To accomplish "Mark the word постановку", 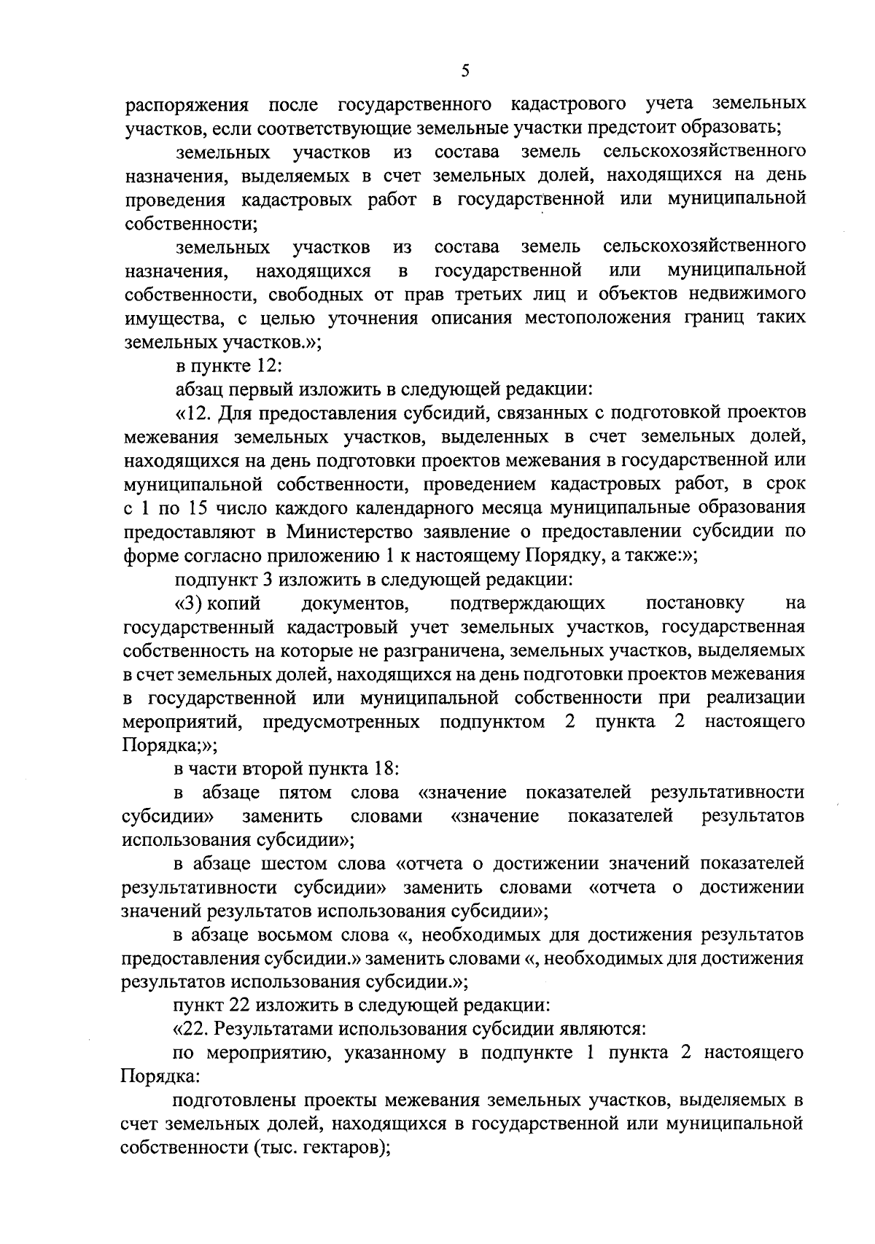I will pyautogui.click(x=695, y=603).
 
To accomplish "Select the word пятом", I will pyautogui.click(x=305, y=793).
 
